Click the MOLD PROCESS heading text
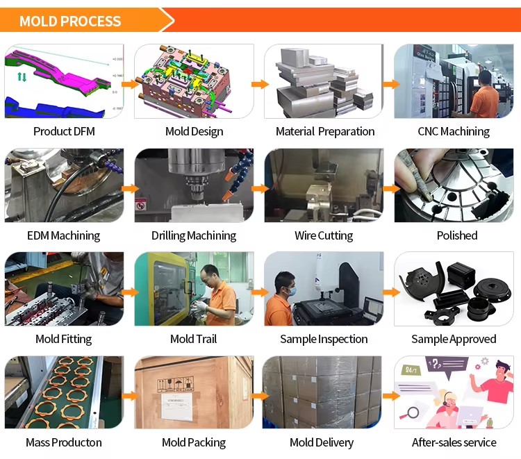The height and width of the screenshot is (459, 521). pyautogui.click(x=70, y=22)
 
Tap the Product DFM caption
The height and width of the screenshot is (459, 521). pyautogui.click(x=64, y=131)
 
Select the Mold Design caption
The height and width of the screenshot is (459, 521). pyautogui.click(x=194, y=132)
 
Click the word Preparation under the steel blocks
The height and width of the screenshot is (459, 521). pyautogui.click(x=346, y=132)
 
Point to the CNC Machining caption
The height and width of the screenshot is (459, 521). pyautogui.click(x=454, y=132)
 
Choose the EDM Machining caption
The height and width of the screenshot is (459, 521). pyautogui.click(x=63, y=236)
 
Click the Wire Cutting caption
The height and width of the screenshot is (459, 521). pyautogui.click(x=324, y=236)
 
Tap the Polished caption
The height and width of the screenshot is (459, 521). pyautogui.click(x=457, y=235)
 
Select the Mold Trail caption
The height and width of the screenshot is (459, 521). pyautogui.click(x=193, y=339)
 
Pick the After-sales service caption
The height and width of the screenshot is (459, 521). pyautogui.click(x=454, y=442)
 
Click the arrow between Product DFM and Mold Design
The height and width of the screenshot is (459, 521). pyautogui.click(x=130, y=84)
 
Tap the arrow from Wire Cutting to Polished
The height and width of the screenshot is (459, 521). pyautogui.click(x=391, y=189)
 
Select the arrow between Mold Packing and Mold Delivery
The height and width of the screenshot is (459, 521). pyautogui.click(x=260, y=396)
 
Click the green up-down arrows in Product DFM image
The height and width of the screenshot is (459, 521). pyautogui.click(x=22, y=77)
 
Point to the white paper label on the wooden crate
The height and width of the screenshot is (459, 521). pyautogui.click(x=177, y=406)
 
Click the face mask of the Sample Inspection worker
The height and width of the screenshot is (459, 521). pyautogui.click(x=290, y=291)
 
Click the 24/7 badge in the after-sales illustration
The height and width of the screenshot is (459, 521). pyautogui.click(x=411, y=369)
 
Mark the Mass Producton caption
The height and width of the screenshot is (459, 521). pyautogui.click(x=64, y=443)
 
